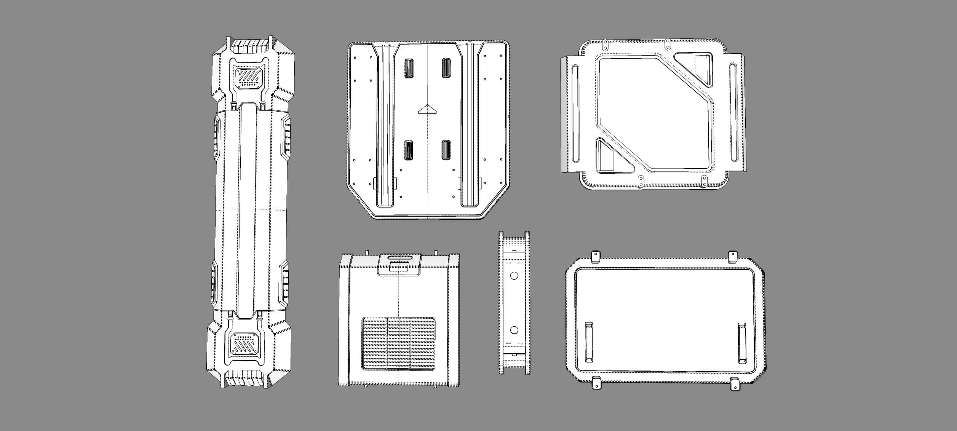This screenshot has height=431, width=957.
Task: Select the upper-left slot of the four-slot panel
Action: point(409,68)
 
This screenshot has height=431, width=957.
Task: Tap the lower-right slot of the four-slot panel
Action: point(446,150)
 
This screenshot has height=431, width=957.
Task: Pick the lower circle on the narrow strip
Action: point(514,330)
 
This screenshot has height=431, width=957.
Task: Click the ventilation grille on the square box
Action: point(398,344)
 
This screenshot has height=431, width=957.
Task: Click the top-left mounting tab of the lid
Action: point(595,257)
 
